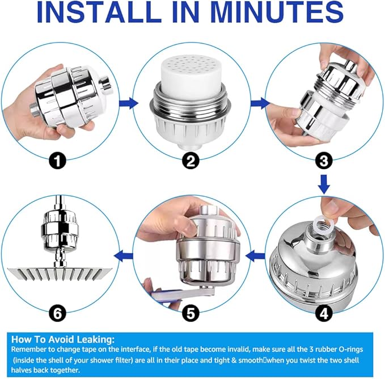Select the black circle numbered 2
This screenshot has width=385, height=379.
[191, 161]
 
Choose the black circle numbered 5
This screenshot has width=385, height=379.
[191, 312]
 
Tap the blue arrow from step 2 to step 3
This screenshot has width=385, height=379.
[260, 103]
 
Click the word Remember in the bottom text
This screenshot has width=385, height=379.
[28, 349]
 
